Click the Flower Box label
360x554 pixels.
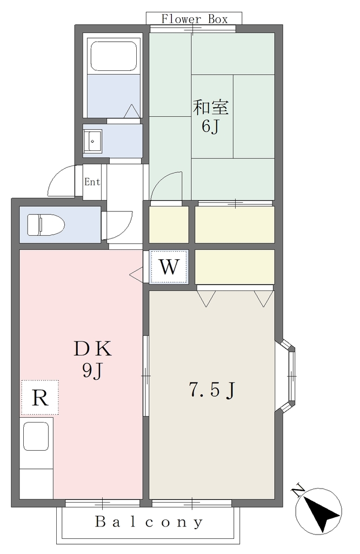(195, 19)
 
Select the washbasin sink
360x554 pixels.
(92, 141)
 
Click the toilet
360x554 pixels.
(46, 225)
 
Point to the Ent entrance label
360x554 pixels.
(92, 182)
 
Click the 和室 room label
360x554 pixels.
(211, 108)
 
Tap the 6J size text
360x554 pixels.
(211, 126)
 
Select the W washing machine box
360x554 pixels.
(169, 267)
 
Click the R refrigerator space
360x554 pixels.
(40, 398)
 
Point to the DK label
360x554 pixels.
(93, 349)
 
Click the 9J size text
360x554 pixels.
(92, 370)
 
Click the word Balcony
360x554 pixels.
(149, 522)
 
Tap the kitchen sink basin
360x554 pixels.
(36, 437)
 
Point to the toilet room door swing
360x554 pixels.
(117, 225)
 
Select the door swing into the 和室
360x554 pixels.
(166, 186)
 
